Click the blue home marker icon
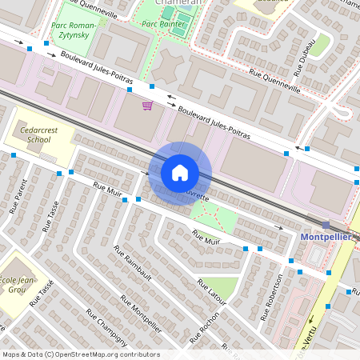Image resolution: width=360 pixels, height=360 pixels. [180, 172]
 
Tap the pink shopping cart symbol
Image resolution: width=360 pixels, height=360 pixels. [147, 105]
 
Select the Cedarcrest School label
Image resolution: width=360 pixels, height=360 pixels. [33, 134]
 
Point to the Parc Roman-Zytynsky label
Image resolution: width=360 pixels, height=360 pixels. [73, 30]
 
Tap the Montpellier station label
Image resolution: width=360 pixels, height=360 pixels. [326, 238]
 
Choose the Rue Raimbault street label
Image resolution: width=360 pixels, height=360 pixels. [133, 263]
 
